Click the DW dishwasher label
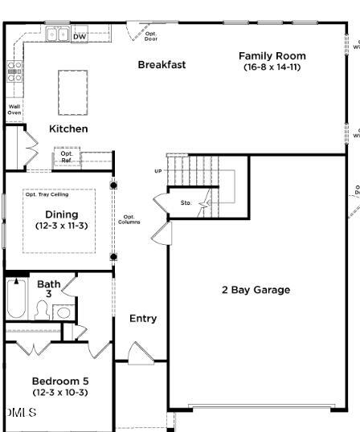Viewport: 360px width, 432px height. point(80,36)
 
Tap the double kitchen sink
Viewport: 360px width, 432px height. point(57,35)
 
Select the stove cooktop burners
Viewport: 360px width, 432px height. point(14,71)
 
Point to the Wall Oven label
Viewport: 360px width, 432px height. point(14,109)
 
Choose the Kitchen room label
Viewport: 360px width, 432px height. point(68,128)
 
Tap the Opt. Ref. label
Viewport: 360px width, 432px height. point(67,157)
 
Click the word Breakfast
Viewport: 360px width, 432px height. point(162,64)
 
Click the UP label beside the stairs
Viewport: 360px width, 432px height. point(157,171)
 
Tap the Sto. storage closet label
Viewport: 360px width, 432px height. point(186,203)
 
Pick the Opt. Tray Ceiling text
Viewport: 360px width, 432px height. point(47,194)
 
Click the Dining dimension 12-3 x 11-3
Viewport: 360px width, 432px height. point(61,226)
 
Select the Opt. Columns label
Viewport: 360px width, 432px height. point(129,218)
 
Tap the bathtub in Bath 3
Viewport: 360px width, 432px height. point(16,301)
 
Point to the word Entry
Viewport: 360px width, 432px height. point(143,319)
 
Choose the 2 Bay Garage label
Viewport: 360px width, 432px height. point(256,290)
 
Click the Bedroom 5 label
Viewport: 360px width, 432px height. point(60,381)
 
